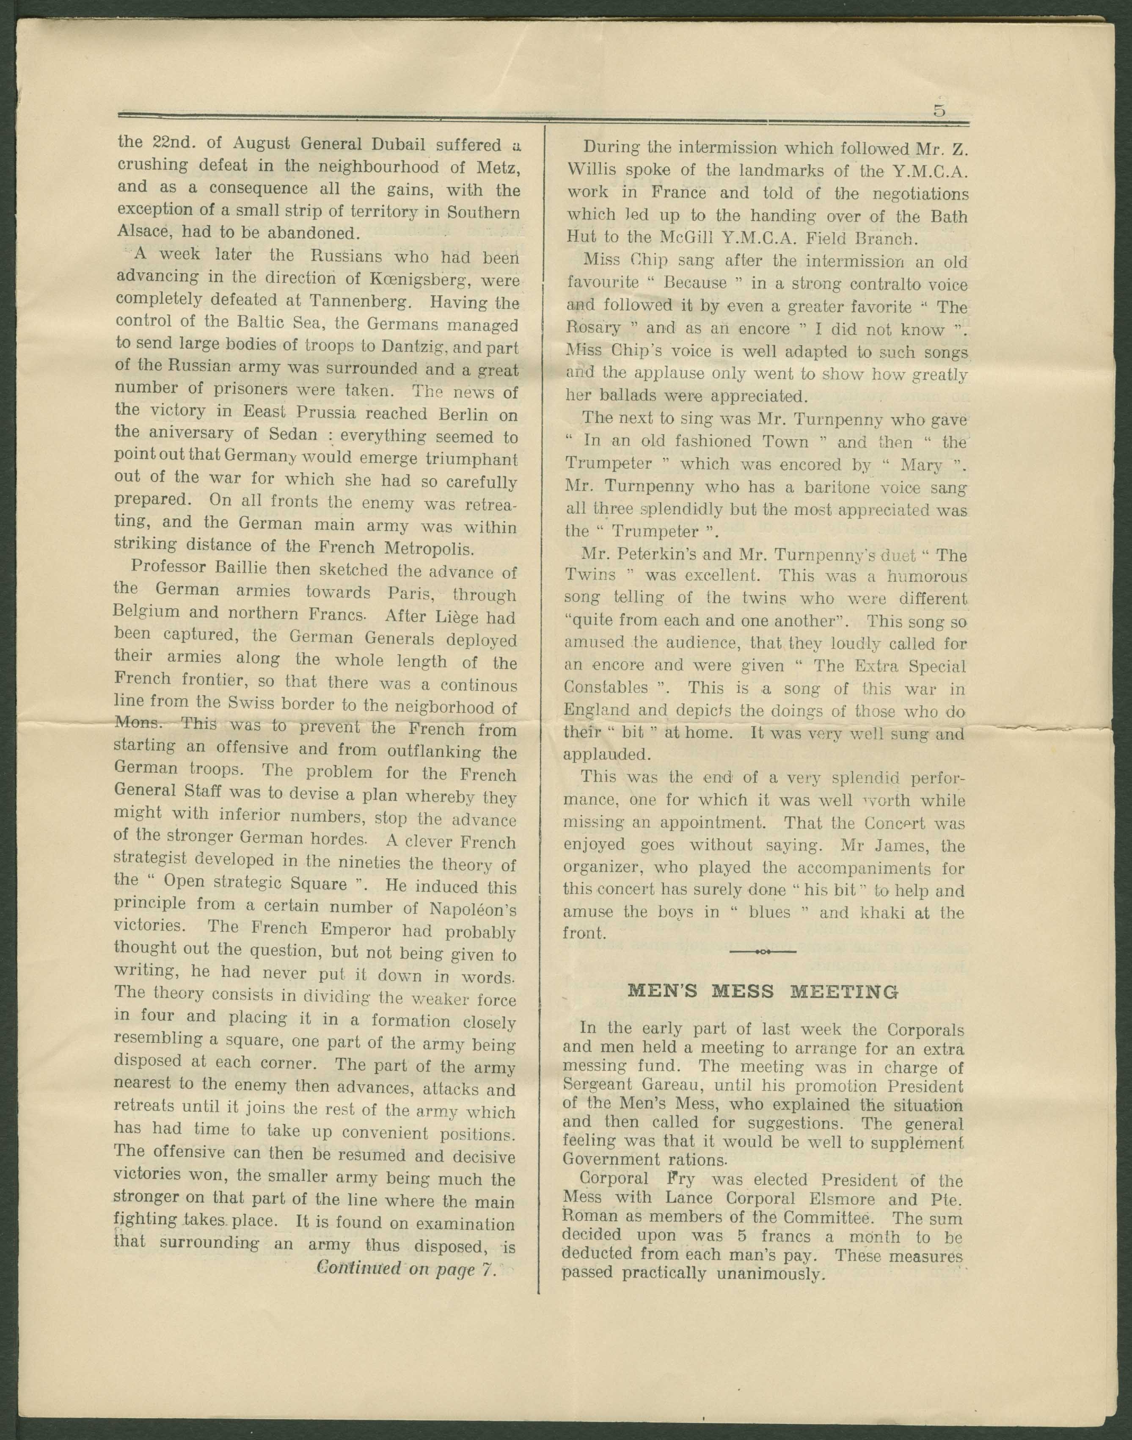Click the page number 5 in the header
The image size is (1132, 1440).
(939, 111)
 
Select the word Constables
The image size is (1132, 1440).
(606, 688)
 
